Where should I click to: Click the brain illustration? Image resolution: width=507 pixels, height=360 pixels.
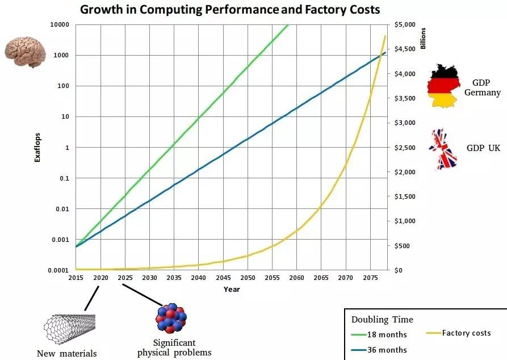[x=25, y=52]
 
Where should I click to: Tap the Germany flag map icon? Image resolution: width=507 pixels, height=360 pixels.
[x=443, y=86]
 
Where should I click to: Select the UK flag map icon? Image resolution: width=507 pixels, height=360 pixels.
[x=443, y=149]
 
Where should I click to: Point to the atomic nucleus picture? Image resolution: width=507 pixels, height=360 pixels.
[x=171, y=318]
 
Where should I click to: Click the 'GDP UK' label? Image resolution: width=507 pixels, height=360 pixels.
[x=483, y=148]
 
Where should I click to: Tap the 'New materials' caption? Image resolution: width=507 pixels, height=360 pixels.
[x=66, y=354]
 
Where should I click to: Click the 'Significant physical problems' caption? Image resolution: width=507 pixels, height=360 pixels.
[x=174, y=348]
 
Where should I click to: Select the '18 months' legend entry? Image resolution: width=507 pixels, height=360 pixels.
[x=387, y=334]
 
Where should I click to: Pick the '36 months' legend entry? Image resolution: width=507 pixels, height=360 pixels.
[x=387, y=349]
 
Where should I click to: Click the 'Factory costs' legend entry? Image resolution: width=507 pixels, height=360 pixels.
[x=466, y=333]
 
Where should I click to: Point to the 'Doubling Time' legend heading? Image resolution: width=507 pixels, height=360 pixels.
[x=382, y=319]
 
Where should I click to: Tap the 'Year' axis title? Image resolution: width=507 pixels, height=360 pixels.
[x=232, y=290]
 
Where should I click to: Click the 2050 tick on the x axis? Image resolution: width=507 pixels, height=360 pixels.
[x=248, y=278]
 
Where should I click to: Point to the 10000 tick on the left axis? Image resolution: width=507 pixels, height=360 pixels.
[x=59, y=24]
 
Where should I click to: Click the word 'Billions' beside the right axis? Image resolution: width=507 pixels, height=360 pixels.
[x=422, y=38]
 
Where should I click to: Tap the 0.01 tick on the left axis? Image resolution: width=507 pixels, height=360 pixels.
[x=62, y=209]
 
